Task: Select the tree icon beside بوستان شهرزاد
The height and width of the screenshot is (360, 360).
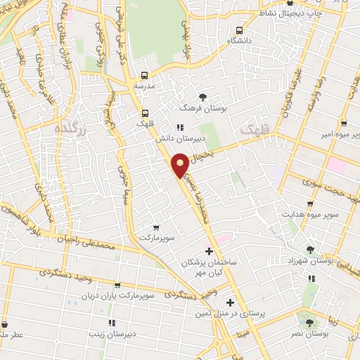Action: [310, 249]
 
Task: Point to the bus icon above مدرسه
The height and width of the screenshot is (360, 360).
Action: [146, 75]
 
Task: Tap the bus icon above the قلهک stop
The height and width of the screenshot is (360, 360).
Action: [146, 112]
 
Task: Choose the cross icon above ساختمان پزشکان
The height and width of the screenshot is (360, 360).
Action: [209, 251]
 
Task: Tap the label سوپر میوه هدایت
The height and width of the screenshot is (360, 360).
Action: [310, 213]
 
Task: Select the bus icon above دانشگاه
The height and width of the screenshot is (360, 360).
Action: [240, 30]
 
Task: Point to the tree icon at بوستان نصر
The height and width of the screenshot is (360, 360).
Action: [310, 323]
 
